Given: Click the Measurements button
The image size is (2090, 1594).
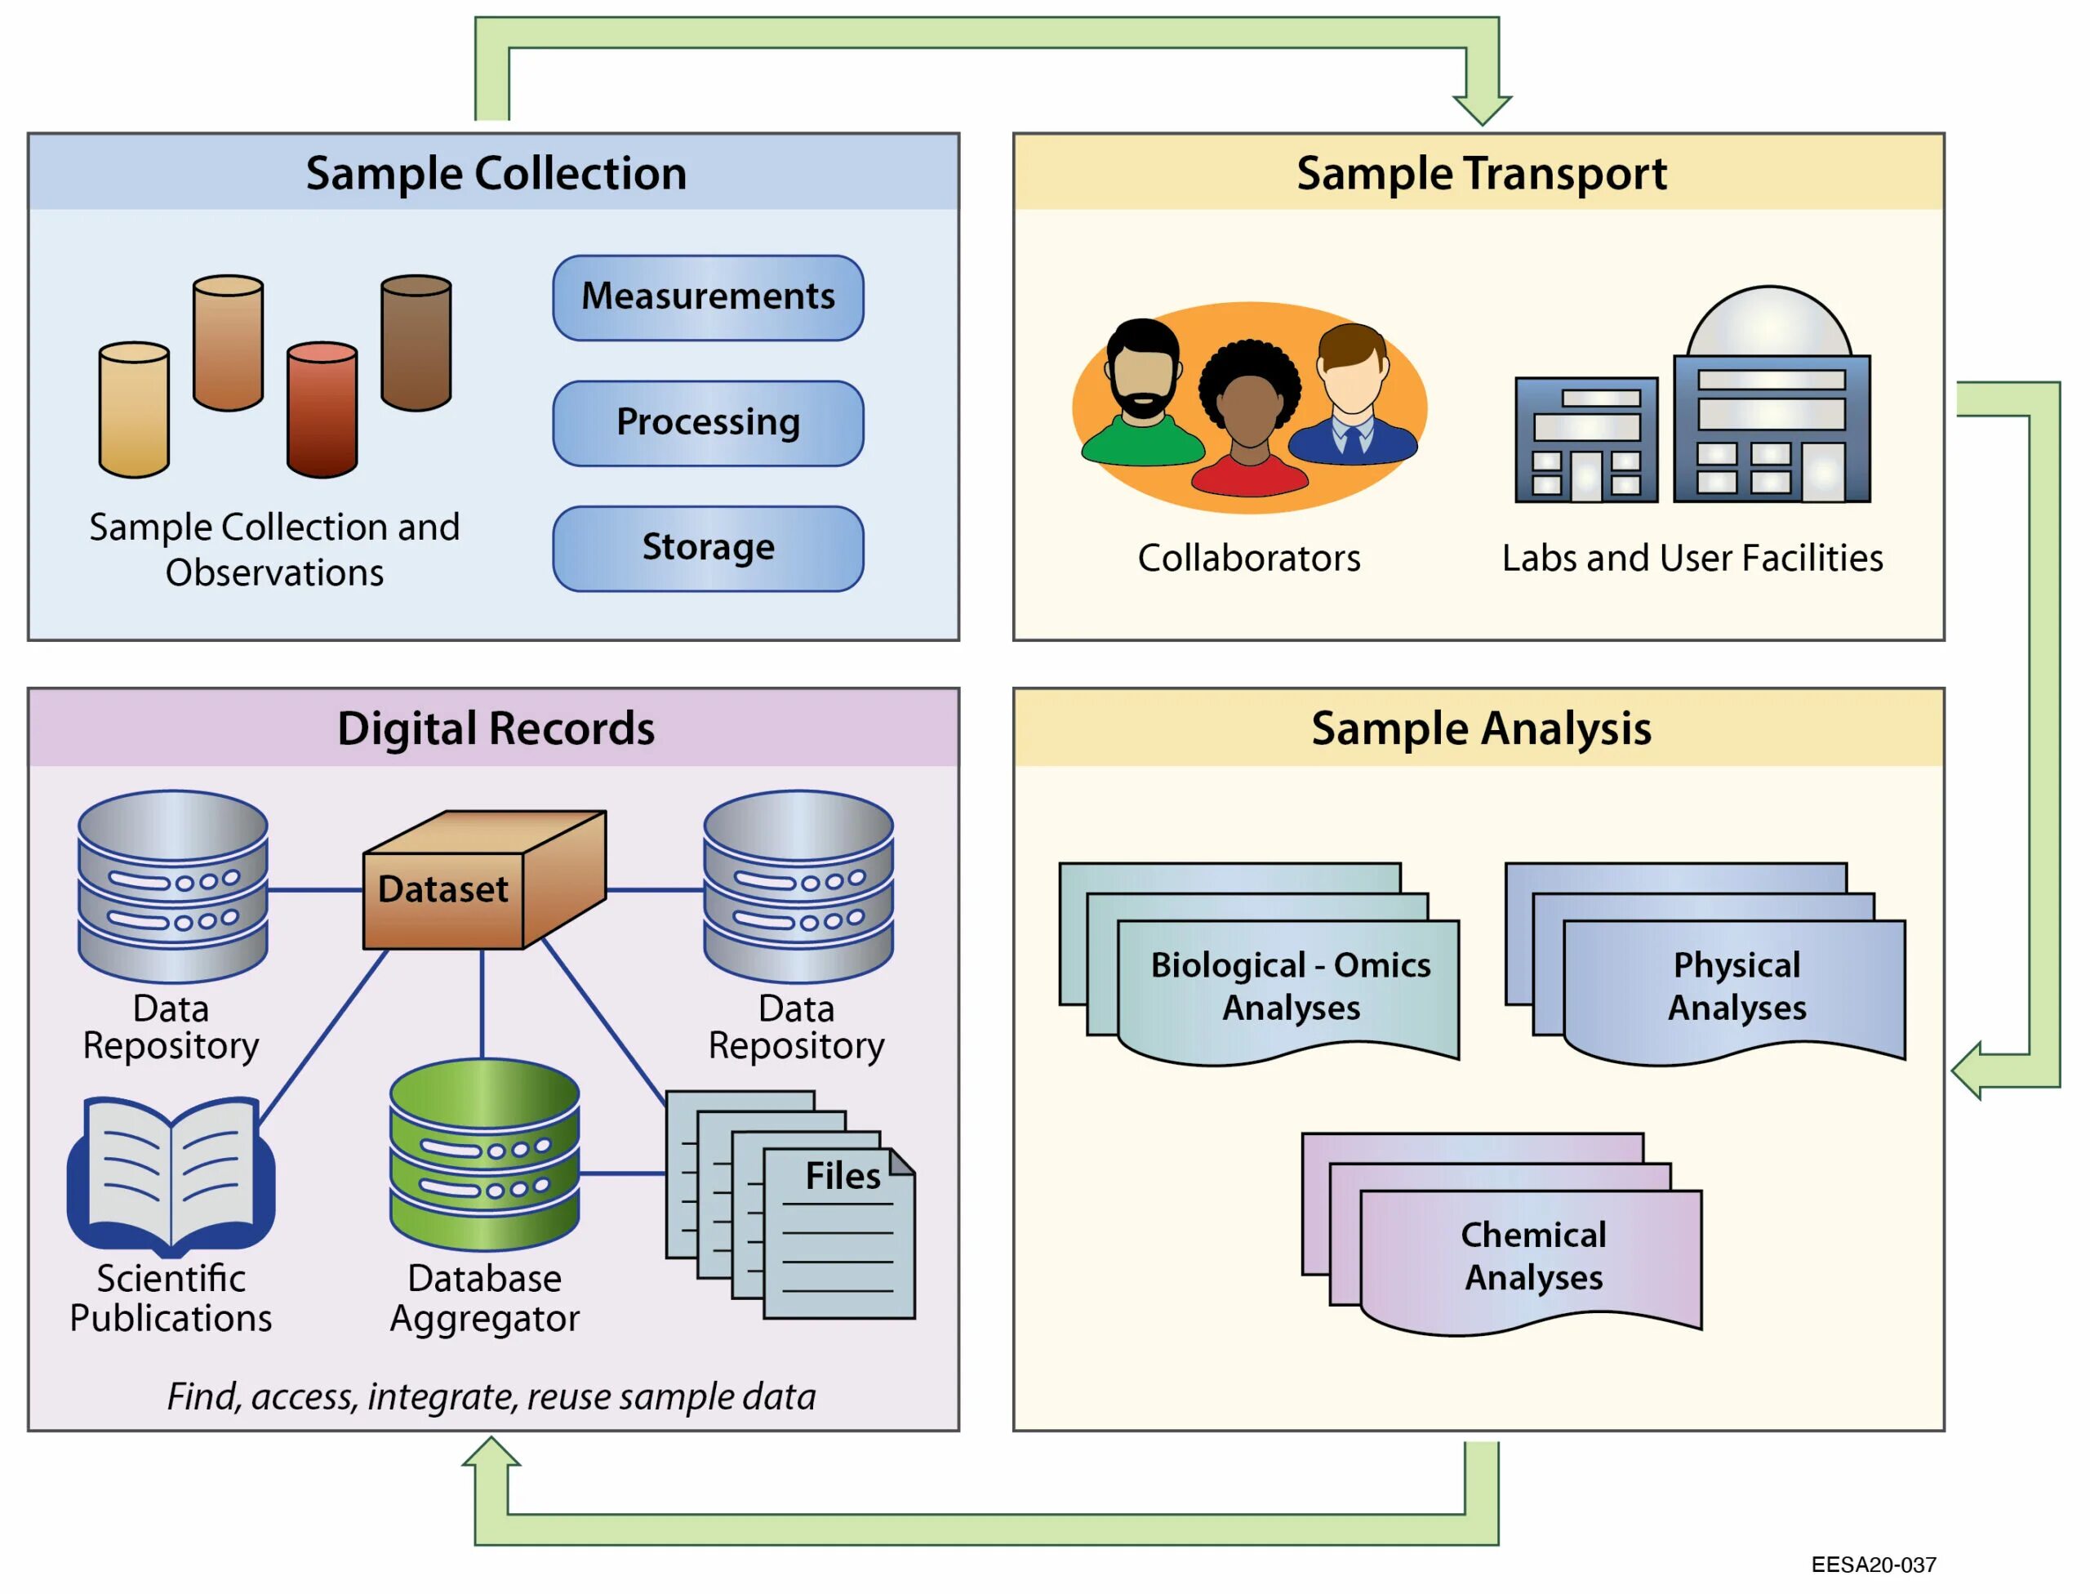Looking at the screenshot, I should point(707,297).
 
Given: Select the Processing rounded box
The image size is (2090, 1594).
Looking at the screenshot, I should point(707,422).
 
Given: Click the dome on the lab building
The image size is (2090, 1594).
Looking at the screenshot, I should point(1768,323).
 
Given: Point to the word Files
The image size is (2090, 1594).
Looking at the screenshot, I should point(842,1176).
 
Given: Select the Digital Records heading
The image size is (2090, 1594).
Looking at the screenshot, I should point(496,728).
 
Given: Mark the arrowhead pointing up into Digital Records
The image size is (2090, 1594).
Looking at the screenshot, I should point(491,1451).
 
